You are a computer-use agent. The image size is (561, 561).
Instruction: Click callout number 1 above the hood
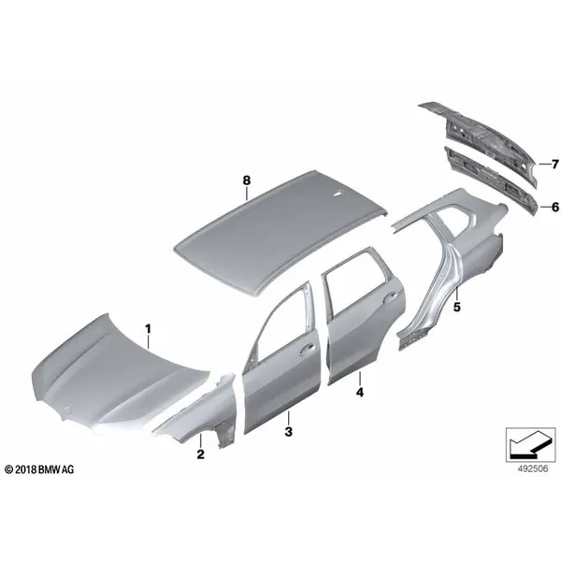148,329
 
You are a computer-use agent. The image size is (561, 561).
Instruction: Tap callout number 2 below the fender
200,454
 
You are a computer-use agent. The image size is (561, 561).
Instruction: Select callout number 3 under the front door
288,431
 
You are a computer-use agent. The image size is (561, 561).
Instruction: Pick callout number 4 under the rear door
360,392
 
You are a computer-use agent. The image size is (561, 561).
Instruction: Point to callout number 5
457,307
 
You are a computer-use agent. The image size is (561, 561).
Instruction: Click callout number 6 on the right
554,207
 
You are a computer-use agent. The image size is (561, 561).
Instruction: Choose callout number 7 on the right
554,165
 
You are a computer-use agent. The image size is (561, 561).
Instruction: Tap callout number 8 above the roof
247,180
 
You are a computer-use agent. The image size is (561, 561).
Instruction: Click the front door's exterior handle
307,349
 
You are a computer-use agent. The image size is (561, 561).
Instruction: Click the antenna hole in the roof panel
337,194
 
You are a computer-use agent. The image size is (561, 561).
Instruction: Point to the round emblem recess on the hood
66,410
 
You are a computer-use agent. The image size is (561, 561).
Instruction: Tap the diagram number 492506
533,468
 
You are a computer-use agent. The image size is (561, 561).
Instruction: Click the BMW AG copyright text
39,469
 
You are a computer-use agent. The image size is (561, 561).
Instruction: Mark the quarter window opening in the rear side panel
459,218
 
